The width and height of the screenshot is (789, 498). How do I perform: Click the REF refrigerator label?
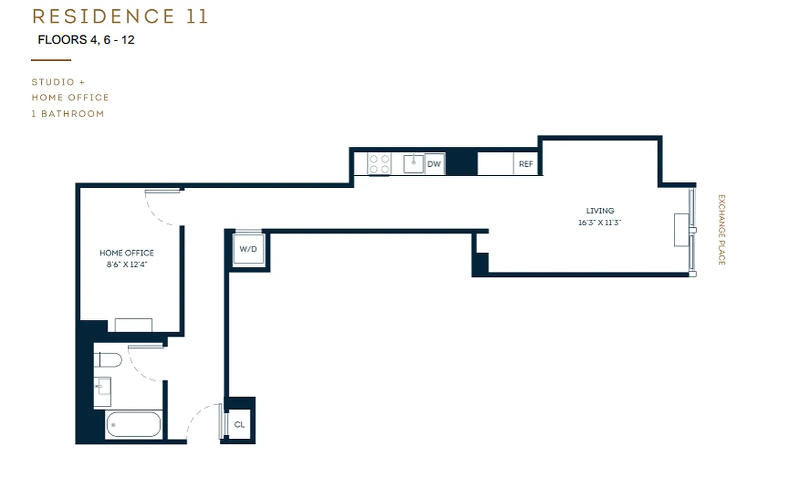tap(526, 164)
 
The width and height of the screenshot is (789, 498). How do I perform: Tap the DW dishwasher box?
tap(434, 164)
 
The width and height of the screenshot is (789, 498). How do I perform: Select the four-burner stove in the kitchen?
tap(379, 164)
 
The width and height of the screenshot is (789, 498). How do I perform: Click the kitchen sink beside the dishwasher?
tap(413, 164)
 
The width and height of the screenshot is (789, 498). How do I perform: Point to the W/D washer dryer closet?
tap(248, 249)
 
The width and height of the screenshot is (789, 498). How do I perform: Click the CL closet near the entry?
tap(239, 425)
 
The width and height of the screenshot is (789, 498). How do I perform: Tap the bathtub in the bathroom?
tap(133, 425)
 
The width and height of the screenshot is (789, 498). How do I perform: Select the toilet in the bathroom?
tap(107, 359)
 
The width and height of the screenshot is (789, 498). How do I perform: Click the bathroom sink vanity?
tap(102, 391)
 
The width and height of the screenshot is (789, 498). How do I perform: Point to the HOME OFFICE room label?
tap(126, 253)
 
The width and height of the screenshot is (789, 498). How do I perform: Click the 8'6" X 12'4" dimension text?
tap(126, 264)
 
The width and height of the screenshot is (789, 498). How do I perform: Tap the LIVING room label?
tap(600, 210)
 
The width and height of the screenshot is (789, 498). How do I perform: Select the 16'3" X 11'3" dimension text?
tap(600, 222)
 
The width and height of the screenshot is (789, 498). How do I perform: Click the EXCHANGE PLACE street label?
tap(721, 230)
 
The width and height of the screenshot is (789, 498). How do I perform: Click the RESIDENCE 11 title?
tap(120, 17)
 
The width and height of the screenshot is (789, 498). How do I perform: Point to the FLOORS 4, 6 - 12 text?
tap(86, 40)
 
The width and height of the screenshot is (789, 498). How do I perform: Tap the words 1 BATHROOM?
tap(68, 114)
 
